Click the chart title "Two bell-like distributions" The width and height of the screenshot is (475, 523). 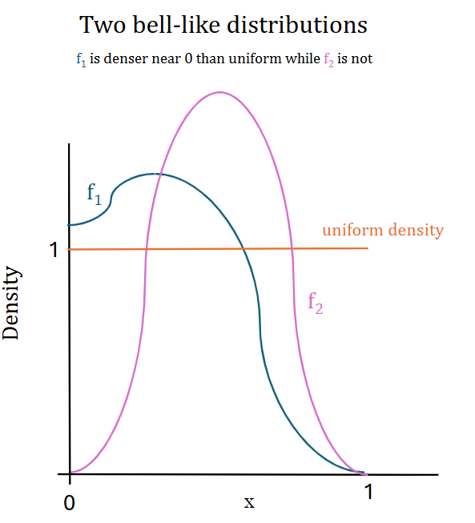[x=223, y=25]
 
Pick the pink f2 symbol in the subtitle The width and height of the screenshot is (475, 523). [x=328, y=59]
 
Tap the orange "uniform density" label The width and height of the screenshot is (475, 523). [x=383, y=231]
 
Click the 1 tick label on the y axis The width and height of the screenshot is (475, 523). [x=54, y=250]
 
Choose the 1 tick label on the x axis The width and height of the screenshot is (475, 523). [x=368, y=493]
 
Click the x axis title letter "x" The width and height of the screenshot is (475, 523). [x=249, y=503]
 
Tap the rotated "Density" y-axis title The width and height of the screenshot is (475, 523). [x=11, y=304]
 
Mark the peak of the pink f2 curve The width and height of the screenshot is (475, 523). [x=220, y=92]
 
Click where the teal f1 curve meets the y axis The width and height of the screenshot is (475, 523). [x=70, y=225]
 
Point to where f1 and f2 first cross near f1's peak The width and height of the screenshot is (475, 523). [x=159, y=174]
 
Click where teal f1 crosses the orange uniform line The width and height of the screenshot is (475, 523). [x=244, y=249]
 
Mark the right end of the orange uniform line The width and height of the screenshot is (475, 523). [x=368, y=248]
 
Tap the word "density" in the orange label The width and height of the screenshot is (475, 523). [x=416, y=231]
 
